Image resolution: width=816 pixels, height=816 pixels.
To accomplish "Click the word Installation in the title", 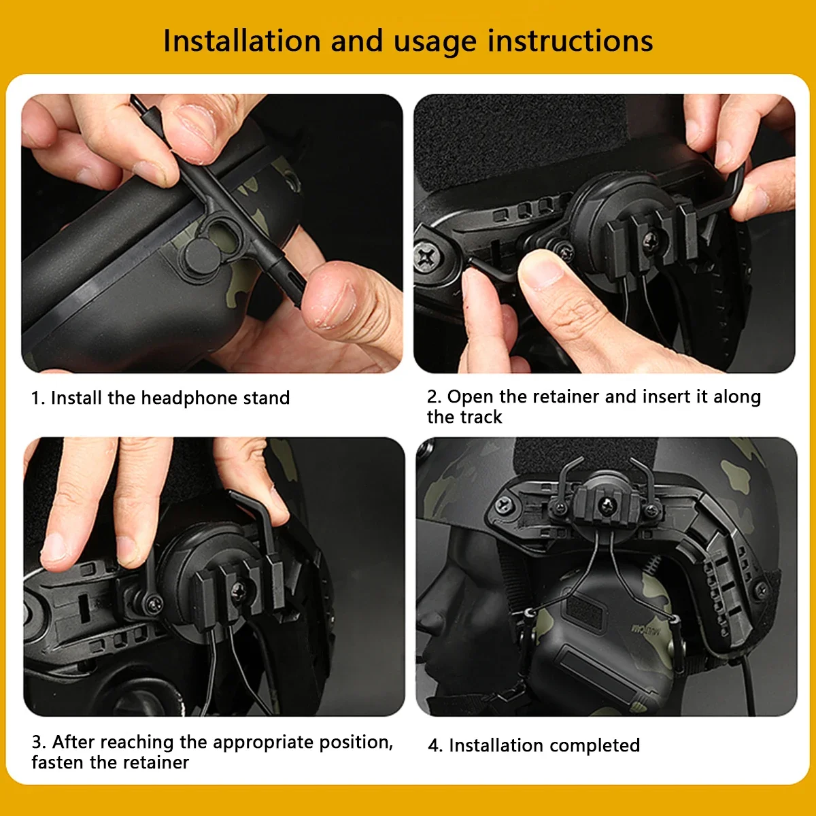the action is (x=242, y=41).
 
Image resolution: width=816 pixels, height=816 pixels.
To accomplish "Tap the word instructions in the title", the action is (x=570, y=41).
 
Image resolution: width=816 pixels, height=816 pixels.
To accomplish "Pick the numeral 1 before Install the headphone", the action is (x=35, y=398).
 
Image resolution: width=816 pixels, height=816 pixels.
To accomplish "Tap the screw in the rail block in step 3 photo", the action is (x=239, y=590).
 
